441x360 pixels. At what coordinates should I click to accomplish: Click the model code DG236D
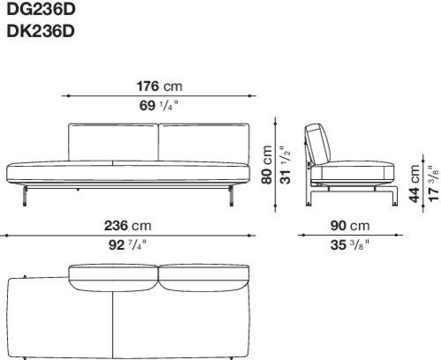[41, 9]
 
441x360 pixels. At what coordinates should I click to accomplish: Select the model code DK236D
[41, 31]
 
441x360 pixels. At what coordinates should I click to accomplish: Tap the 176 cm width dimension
[160, 86]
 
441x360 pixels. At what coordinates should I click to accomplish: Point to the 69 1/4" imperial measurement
[159, 105]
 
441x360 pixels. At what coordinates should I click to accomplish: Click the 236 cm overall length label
[128, 226]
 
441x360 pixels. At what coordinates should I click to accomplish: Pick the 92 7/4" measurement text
[127, 244]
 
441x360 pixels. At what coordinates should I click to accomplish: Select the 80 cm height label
[267, 164]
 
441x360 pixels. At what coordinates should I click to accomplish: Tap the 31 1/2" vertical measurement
[285, 165]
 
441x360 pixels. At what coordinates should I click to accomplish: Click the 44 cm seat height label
[415, 184]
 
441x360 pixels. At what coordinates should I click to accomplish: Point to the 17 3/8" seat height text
[434, 183]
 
